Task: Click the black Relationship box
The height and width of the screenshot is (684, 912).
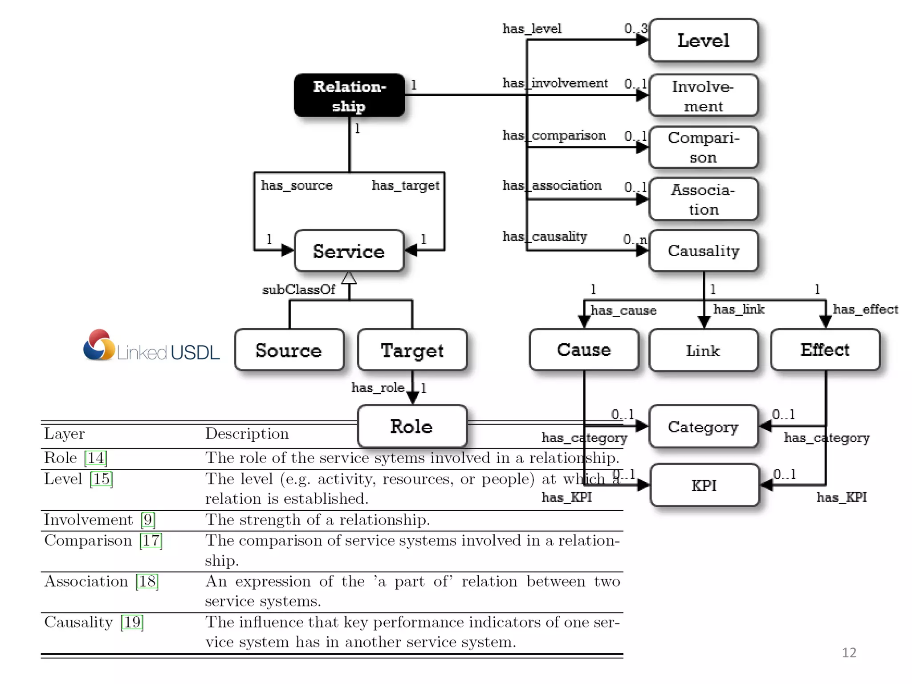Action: point(349,95)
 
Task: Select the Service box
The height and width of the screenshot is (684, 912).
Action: point(349,251)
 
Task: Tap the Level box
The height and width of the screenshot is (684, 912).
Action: point(703,41)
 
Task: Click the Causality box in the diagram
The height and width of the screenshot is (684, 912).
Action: point(703,251)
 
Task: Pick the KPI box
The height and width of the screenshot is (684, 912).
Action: point(704,485)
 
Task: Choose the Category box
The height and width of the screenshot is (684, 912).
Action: point(703,427)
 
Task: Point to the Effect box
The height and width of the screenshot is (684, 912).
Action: point(825,350)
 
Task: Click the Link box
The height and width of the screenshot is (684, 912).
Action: point(703,350)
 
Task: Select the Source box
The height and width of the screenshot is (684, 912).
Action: point(289,350)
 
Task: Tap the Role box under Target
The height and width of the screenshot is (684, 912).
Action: point(412,427)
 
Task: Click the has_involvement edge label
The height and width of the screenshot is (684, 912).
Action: point(555,83)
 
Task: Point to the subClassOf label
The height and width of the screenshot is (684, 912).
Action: point(298,290)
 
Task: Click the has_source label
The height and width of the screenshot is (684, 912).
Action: point(297,185)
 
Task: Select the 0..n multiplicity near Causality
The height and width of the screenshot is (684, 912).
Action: point(635,240)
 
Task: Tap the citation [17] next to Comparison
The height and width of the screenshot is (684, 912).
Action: point(151,541)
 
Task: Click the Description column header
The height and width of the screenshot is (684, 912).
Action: point(247,434)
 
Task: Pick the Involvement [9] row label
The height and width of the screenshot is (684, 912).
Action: point(99,520)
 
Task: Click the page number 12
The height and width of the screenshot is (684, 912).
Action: point(849,652)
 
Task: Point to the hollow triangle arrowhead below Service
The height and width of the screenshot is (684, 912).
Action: point(349,278)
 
